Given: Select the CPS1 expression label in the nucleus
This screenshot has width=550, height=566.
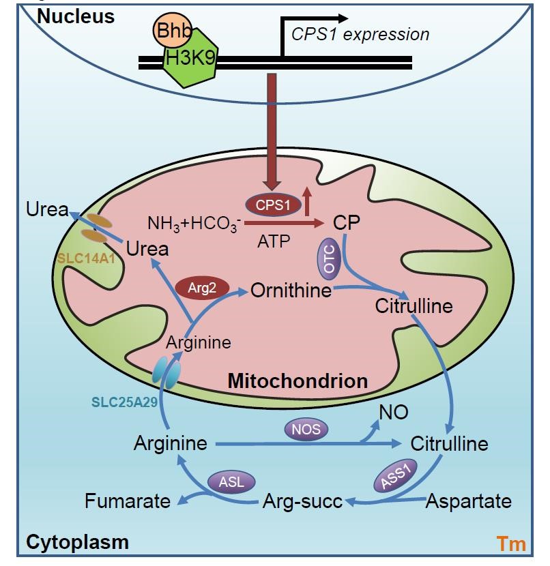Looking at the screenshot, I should (360, 34).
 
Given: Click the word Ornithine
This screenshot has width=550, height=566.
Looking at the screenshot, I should (291, 291).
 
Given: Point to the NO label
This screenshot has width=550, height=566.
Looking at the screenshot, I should (394, 411).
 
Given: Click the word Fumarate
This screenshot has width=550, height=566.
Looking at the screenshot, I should (128, 502).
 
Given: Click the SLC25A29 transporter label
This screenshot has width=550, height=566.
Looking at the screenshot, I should (125, 402).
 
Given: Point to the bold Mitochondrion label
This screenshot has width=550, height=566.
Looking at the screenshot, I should (298, 381).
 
